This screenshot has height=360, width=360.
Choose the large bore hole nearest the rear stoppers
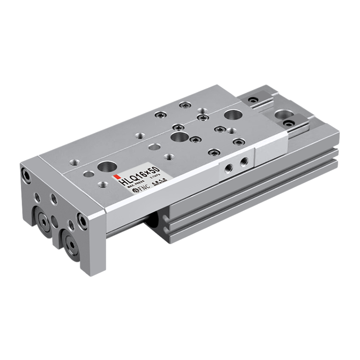[x=232, y=115]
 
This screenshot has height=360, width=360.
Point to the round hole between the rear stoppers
[x=282, y=113]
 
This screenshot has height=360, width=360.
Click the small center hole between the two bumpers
[x=55, y=220]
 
